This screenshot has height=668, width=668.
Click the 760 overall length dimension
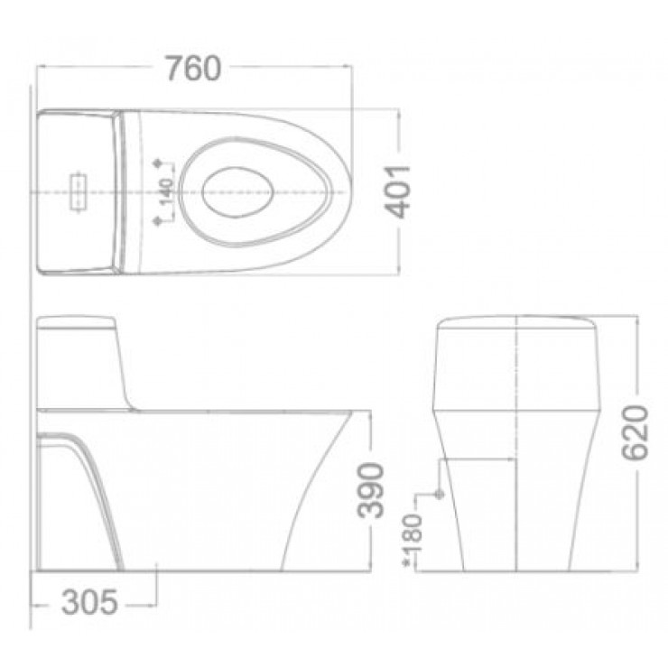(x=193, y=69)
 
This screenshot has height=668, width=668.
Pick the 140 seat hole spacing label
(x=166, y=192)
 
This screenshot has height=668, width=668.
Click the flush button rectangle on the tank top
(x=79, y=191)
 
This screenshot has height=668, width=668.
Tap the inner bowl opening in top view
(x=237, y=191)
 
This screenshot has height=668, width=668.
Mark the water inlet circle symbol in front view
(x=440, y=495)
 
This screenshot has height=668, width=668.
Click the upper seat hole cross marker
(x=160, y=163)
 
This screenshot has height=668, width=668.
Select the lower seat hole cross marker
(x=160, y=219)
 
